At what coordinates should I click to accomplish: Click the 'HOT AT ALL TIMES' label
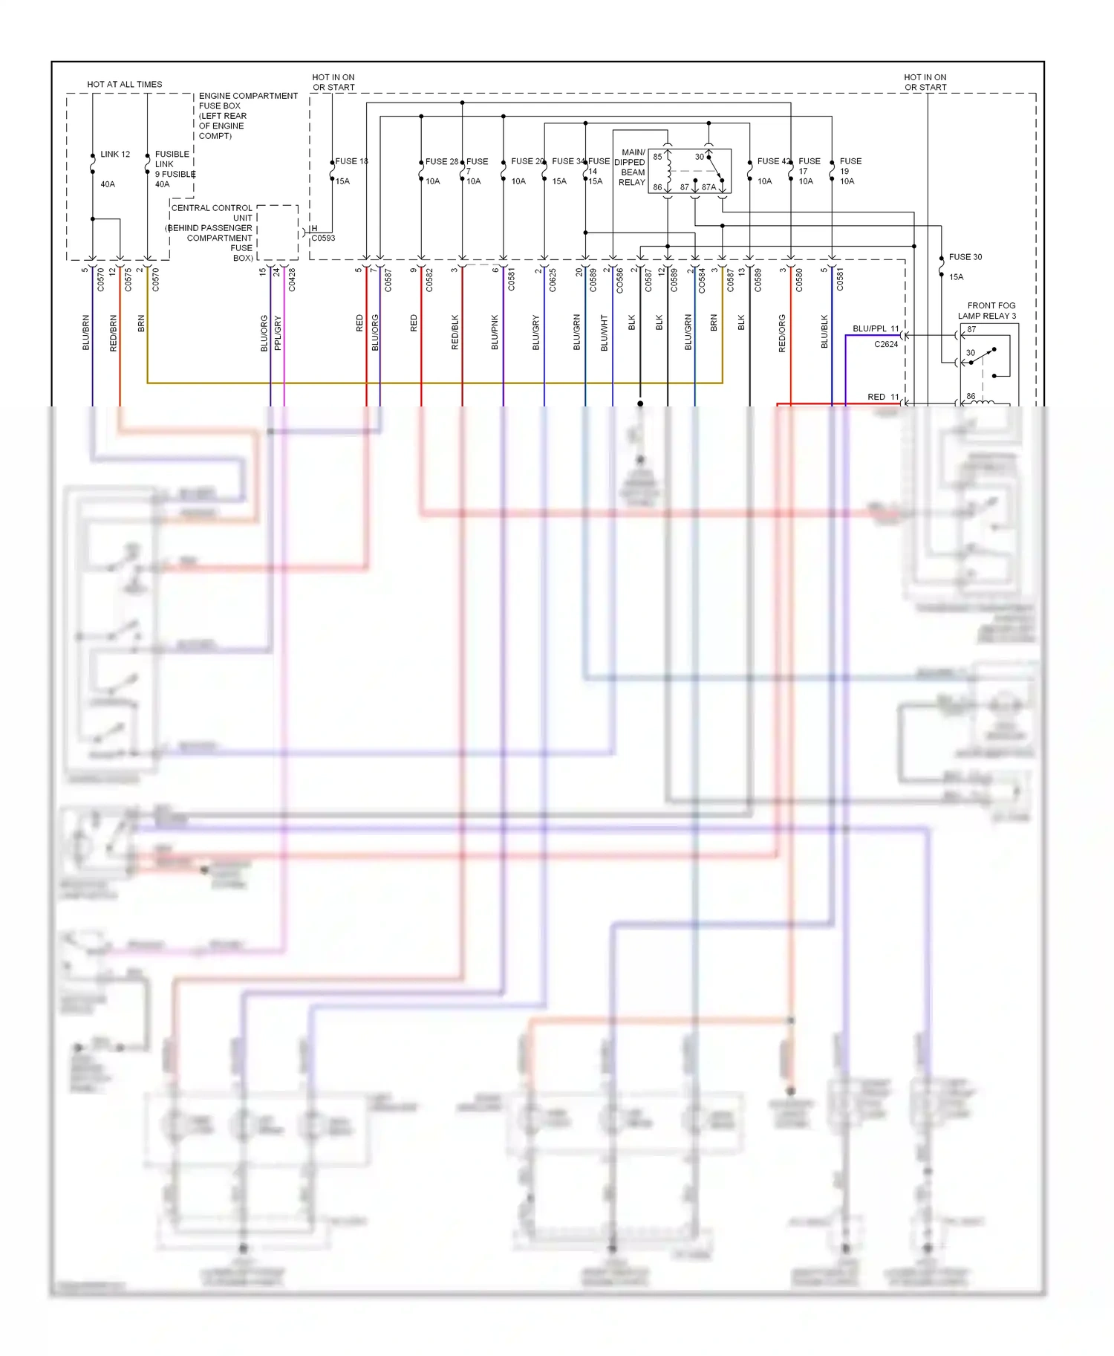click(x=124, y=85)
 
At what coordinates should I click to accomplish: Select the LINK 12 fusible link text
click(x=115, y=155)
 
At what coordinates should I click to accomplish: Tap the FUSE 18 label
click(x=351, y=161)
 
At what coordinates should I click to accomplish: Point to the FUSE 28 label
click(x=441, y=161)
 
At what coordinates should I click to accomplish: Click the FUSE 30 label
click(x=965, y=257)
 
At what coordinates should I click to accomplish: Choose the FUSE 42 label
click(x=773, y=161)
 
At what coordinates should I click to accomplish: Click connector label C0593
click(x=323, y=239)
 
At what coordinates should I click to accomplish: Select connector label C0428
click(x=292, y=279)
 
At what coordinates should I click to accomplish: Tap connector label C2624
click(x=886, y=345)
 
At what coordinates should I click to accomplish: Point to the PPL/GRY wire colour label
click(x=278, y=333)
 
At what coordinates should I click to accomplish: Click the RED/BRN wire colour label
click(x=114, y=333)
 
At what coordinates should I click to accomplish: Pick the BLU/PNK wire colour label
click(x=495, y=333)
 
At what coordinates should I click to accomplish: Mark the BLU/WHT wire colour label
click(x=604, y=333)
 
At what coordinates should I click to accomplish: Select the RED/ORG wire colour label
click(x=782, y=333)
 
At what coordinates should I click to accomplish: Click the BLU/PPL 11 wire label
click(x=876, y=328)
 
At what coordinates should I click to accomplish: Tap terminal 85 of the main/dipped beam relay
click(x=657, y=157)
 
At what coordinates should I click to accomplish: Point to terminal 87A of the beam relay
click(x=709, y=187)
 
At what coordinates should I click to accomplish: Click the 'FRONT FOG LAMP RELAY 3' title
click(x=988, y=311)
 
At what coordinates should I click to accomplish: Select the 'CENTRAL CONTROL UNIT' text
click(x=212, y=213)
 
